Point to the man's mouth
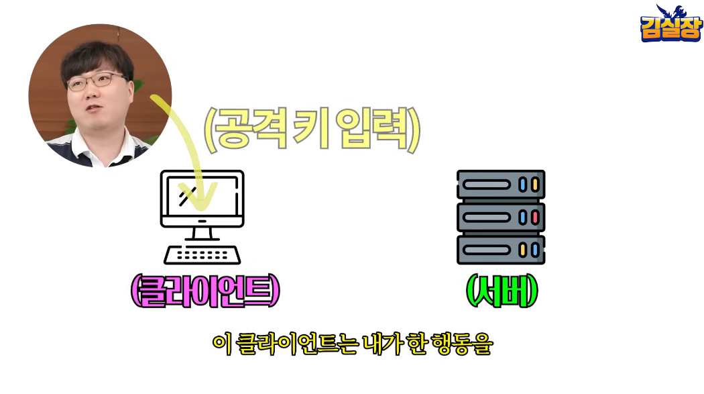tap(94, 108)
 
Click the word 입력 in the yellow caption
tap(373, 128)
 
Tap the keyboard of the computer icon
tap(202, 255)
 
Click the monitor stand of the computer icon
tap(202, 234)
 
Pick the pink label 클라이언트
tap(205, 291)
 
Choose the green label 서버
tap(502, 291)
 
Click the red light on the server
tap(535, 217)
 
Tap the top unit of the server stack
tap(501, 184)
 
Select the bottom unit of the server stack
tap(501, 250)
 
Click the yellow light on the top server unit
tap(535, 185)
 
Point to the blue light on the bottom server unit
tap(535, 250)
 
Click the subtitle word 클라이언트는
tap(296, 344)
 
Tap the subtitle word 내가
tap(382, 344)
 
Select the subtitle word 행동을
tap(461, 344)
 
